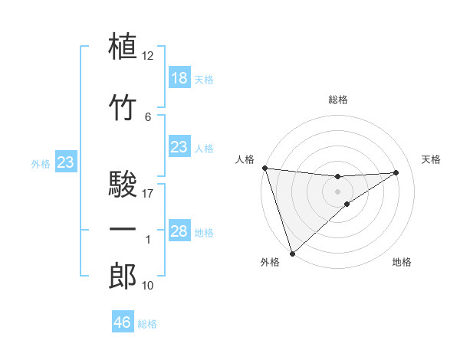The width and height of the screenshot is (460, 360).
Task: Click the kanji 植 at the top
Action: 124,46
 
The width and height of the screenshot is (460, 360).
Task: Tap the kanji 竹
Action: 124,107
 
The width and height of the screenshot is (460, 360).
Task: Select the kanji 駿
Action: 124,185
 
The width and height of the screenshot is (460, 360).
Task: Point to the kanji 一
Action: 124,230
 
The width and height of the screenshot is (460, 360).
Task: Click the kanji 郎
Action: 124,277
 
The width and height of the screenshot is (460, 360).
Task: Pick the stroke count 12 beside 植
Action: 148,56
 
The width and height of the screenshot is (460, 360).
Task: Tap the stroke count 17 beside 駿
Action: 148,194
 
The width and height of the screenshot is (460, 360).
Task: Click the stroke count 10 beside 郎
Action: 148,286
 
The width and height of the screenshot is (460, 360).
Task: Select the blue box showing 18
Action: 179,78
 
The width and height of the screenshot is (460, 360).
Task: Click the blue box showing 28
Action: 179,231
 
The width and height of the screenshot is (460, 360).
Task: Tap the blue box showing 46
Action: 122,322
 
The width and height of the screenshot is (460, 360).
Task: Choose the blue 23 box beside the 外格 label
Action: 65,162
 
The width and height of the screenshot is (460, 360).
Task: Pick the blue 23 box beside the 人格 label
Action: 179,147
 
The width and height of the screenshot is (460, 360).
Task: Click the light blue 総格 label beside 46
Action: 147,324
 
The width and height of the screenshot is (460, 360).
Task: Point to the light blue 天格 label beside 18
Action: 204,79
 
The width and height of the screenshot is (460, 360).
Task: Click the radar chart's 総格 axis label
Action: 338,100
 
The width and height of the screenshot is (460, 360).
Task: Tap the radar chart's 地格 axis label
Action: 402,263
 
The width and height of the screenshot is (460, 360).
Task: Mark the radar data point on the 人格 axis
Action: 264,168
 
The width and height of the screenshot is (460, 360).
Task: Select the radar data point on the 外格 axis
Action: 292,253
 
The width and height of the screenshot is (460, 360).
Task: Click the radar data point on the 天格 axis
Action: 396,172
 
